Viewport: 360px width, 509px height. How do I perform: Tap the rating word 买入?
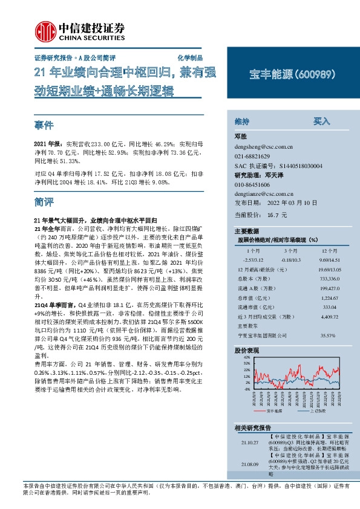(x=321, y=121)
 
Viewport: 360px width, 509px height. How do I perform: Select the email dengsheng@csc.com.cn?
(x=263, y=146)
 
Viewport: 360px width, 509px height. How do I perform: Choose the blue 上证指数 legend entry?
(x=319, y=410)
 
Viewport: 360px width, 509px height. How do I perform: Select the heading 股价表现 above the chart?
(x=247, y=350)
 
